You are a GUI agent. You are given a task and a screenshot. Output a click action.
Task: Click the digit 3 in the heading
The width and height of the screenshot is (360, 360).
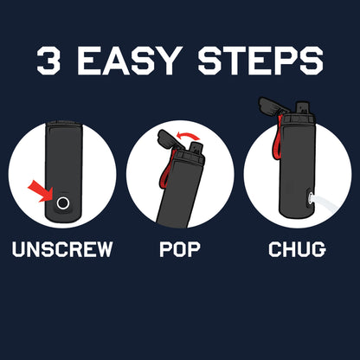coord(48,61)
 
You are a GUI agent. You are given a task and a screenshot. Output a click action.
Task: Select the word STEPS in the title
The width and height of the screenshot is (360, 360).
coord(260,61)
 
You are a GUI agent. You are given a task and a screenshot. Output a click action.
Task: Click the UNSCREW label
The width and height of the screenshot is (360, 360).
coord(62,249)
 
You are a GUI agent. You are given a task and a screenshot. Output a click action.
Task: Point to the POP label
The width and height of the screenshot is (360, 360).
coord(180,249)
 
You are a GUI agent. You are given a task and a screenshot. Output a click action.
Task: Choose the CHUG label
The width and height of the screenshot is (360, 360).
coord(297,249)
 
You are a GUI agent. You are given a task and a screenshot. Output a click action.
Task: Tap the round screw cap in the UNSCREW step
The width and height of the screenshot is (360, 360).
coord(62,203)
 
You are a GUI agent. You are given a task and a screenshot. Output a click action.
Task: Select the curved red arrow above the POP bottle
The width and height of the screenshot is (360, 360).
coord(188,136)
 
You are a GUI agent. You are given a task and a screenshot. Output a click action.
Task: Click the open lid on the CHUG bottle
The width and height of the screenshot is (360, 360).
coord(273,107)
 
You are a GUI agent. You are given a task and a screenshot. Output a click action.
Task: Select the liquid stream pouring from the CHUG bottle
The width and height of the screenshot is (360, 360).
coord(325,203)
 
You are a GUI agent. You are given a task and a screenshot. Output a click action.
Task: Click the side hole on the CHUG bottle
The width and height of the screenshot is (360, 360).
coord(309,199)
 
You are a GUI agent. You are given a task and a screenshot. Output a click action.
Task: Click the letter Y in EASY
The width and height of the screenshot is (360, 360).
coord(165,61)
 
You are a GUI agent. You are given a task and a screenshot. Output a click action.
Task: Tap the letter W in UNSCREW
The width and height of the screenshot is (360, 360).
coord(103,249)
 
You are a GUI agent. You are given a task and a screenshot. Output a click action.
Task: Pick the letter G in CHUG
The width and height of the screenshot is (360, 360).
coord(319,249)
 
